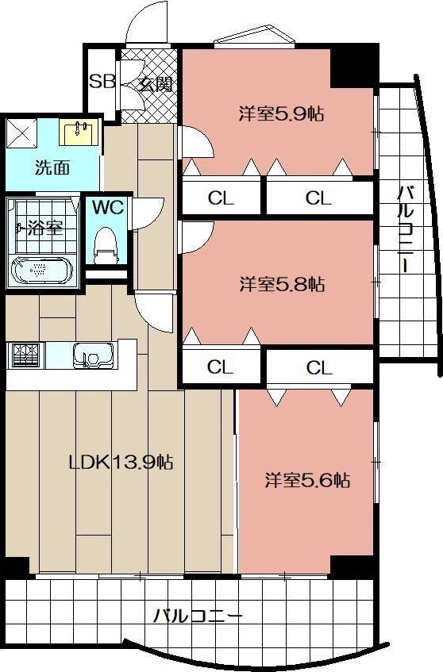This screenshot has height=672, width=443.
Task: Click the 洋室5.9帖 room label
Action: coord(281,113)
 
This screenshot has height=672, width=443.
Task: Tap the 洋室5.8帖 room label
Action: coord(281,283)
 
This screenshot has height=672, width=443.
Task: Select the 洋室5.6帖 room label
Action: coord(307,480)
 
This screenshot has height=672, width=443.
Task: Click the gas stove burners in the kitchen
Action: coord(25,355)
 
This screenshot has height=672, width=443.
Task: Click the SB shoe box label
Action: coord(102,81)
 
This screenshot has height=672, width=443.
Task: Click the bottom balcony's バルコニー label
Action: coord(198,615)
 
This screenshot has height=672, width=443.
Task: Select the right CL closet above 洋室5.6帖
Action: coord(319,368)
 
